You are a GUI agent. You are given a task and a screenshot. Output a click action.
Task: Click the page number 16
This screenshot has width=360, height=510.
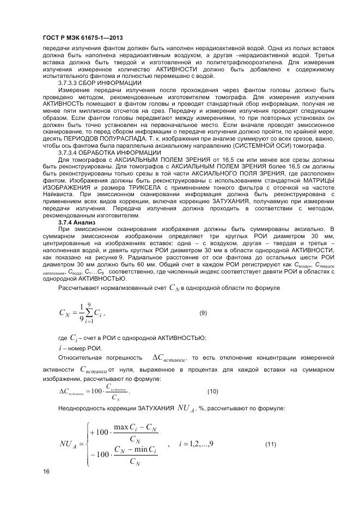[x=45, y=471]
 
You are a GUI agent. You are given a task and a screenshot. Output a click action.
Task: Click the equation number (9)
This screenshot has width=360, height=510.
[x=203, y=312]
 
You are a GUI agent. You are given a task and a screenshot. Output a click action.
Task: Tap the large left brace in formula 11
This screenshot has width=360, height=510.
[x=87, y=444]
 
